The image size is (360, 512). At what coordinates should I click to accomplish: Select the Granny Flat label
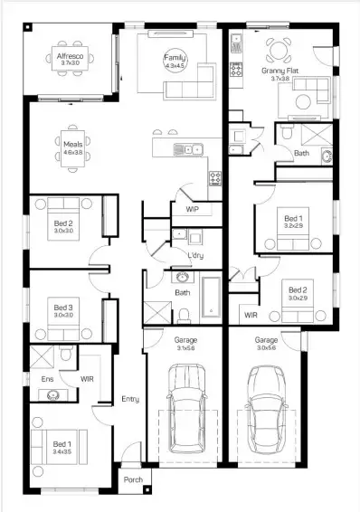pos(280,70)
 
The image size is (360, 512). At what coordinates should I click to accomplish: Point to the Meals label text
pos(73,143)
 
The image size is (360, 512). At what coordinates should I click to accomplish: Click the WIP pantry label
pos(192,209)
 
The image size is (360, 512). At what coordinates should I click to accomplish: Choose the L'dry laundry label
pos(194,257)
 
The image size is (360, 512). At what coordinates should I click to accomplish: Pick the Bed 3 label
pos(62,308)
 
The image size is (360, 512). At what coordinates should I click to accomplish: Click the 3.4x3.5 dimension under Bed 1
pos(62,451)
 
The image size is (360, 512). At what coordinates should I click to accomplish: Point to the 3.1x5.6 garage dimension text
pos(185,347)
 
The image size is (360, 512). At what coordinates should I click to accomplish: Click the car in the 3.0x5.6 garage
pos(266,406)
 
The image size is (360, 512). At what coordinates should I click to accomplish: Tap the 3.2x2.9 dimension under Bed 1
pos(292,226)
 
